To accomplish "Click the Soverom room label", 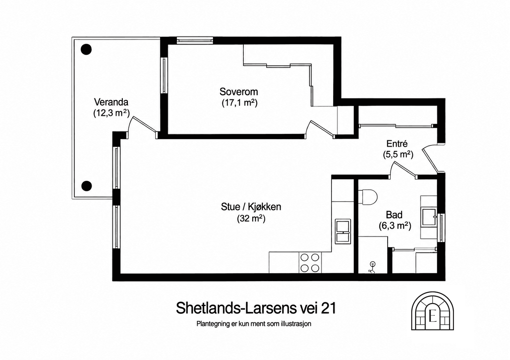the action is pyautogui.click(x=239, y=92).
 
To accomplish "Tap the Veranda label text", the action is pyautogui.click(x=111, y=102).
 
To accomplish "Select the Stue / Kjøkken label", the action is pyautogui.click(x=251, y=207).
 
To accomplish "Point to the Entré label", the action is pyautogui.click(x=397, y=144).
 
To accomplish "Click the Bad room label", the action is pyautogui.click(x=394, y=215).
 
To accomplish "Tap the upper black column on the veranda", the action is pyautogui.click(x=86, y=49).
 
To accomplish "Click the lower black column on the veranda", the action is pyautogui.click(x=86, y=186).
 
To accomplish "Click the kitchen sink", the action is pyautogui.click(x=343, y=231).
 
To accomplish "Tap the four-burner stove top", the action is pyautogui.click(x=310, y=263).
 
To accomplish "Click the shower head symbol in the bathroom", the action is pyautogui.click(x=373, y=268).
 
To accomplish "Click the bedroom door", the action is pyautogui.click(x=320, y=129).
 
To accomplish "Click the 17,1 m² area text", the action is pyautogui.click(x=240, y=103).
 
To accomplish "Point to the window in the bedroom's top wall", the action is pyautogui.click(x=195, y=41).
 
